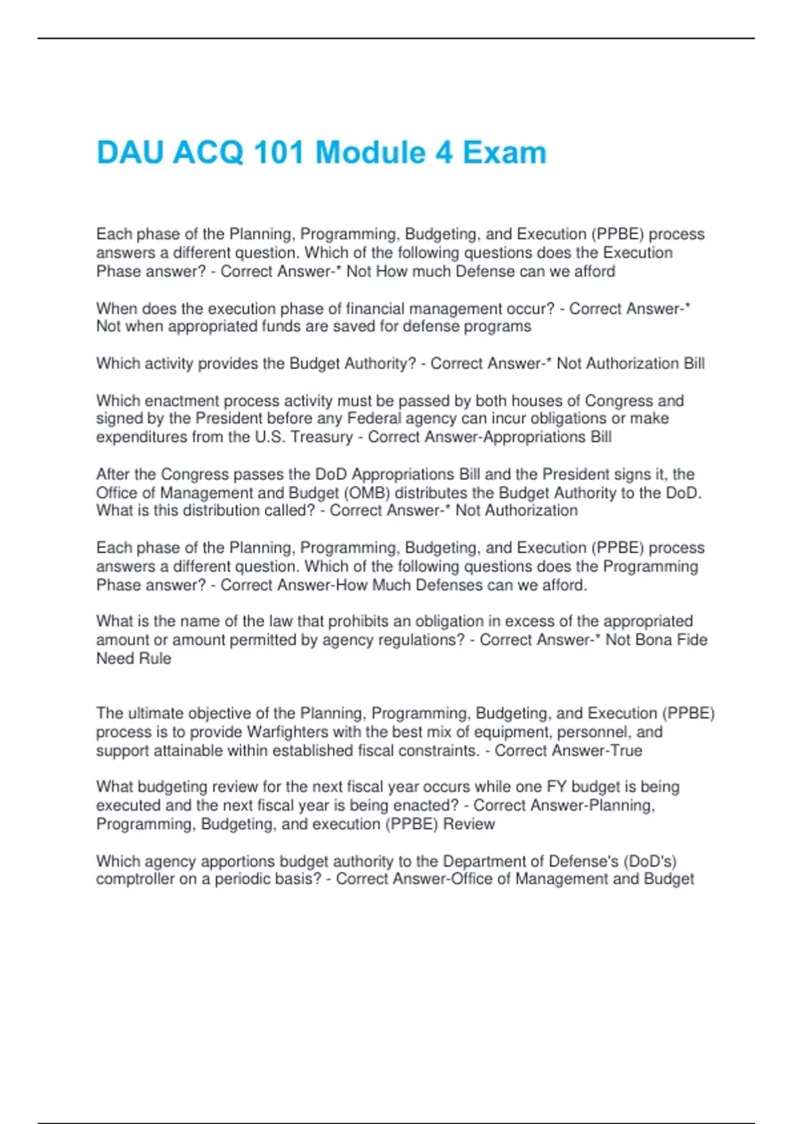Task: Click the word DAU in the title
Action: click(x=130, y=153)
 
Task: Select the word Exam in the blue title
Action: click(x=504, y=153)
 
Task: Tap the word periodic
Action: click(x=244, y=879)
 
